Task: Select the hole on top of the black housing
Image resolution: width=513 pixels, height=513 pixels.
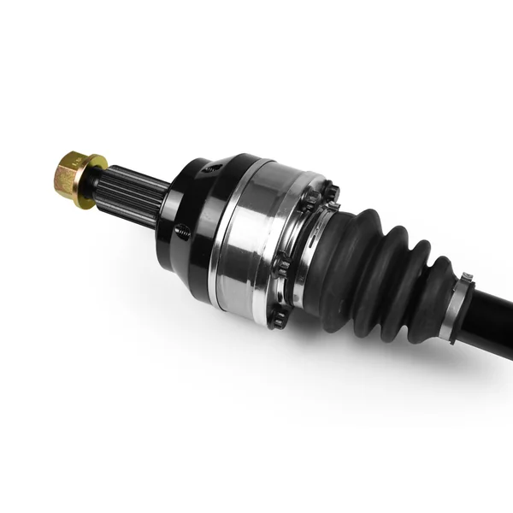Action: [210, 168]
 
